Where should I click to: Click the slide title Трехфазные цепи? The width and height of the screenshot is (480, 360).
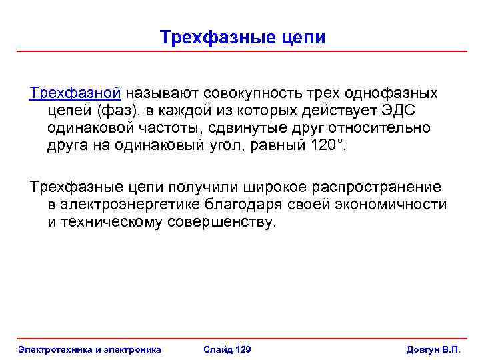pos(243,37)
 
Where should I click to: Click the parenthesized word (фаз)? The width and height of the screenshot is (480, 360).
pos(117,109)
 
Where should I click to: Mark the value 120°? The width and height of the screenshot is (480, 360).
pos(329,145)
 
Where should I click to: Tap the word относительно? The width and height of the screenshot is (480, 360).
pos(388,127)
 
